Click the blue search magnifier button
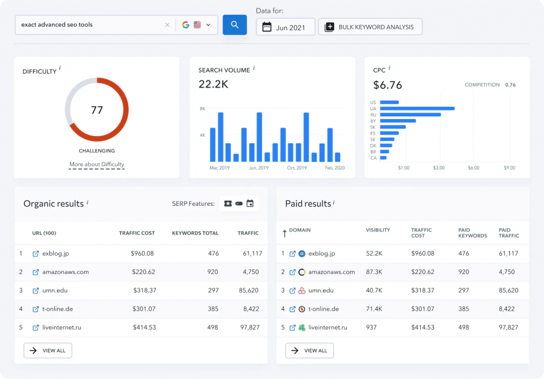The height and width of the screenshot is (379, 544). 234,24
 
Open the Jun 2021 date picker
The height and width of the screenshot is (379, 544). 285,27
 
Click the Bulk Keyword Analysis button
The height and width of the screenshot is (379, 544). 370,27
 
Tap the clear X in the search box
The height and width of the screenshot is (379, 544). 167,24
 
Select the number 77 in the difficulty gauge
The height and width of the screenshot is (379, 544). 97,110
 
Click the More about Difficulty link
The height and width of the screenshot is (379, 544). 97,164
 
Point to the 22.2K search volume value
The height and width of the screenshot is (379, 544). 213,84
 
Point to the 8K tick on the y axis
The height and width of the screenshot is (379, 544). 202,108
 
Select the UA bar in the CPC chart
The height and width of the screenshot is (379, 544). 417,108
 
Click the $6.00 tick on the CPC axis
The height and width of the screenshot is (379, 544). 473,168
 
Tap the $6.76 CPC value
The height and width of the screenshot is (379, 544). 388,85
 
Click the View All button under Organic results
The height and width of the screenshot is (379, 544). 48,350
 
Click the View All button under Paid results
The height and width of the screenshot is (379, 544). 310,350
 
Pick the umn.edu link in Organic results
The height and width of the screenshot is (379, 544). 55,290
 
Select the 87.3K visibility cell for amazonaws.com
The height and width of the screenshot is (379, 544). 375,272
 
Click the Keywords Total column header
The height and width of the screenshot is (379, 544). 195,233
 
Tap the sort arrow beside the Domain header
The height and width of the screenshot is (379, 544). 284,233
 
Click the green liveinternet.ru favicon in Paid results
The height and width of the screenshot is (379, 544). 302,327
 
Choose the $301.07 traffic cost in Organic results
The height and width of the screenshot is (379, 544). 144,309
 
